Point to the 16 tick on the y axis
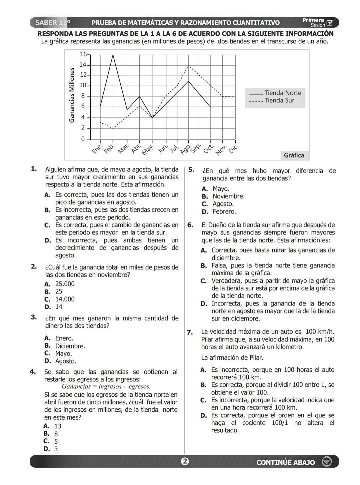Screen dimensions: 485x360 click(83, 54)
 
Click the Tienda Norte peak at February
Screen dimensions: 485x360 click(113, 55)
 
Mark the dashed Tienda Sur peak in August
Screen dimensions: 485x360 click(189, 66)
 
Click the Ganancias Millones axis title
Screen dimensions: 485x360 click(72, 95)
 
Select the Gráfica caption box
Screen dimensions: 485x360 click(294, 155)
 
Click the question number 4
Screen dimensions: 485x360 click(33, 371)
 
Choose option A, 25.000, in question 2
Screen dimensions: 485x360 click(60, 284)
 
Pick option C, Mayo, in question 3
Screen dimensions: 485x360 click(59, 353)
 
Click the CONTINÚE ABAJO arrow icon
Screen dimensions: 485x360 click(327, 462)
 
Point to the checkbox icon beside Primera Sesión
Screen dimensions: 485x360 click(330, 23)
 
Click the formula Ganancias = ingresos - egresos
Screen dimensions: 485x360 click(106, 387)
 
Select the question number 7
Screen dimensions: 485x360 click(190, 332)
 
